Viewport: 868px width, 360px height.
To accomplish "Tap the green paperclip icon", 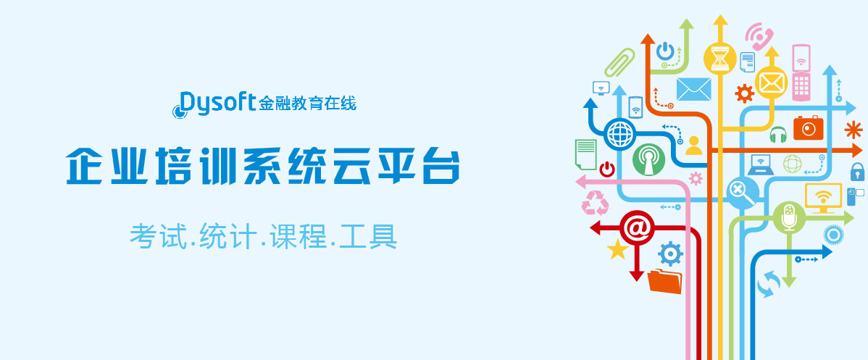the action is tap(619, 62).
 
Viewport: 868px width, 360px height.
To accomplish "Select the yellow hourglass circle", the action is tap(719, 58).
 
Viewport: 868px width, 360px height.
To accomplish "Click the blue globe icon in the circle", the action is tap(619, 133).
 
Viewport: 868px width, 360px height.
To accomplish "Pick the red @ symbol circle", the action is tap(637, 227).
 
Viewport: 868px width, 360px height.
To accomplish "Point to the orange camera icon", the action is tap(808, 128).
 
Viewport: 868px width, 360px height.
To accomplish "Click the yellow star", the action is tap(617, 249).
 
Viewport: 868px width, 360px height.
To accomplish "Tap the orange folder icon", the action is tap(664, 281).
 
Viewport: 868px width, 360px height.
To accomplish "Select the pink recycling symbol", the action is tap(595, 203).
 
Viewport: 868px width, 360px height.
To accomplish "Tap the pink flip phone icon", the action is tap(801, 72).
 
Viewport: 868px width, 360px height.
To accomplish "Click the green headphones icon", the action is tap(777, 135).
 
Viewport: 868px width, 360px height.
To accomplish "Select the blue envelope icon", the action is tap(693, 89).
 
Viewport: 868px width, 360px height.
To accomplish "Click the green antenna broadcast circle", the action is tap(648, 159).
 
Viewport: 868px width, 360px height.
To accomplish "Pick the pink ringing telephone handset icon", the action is tap(759, 36).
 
